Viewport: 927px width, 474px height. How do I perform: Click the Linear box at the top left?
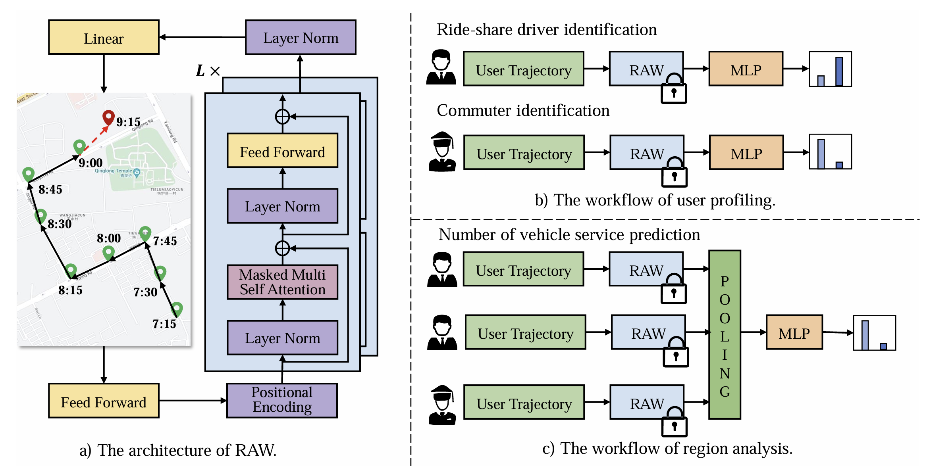(x=104, y=37)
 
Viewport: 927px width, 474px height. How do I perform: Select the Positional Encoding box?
(x=282, y=400)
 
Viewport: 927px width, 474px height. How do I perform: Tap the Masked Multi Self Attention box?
(x=282, y=282)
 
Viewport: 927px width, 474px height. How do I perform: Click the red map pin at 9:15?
(x=108, y=117)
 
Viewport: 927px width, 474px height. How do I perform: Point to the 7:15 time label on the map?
(x=164, y=324)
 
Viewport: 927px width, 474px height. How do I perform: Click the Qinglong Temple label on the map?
(x=113, y=171)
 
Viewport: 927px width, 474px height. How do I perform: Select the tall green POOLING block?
(x=725, y=334)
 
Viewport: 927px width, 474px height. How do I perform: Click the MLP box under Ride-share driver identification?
(x=746, y=69)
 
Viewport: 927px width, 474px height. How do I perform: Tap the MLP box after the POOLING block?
(x=794, y=332)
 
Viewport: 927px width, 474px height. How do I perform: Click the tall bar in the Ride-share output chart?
(x=839, y=71)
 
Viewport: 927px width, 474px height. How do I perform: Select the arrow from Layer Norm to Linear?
(x=202, y=37)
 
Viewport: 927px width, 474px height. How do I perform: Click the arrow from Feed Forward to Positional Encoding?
(x=193, y=401)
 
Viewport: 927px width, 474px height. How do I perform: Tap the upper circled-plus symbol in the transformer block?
(x=282, y=117)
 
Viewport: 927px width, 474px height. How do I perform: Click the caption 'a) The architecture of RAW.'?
(x=178, y=450)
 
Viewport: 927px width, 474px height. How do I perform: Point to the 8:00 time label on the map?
(x=109, y=238)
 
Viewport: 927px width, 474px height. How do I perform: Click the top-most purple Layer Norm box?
(x=301, y=37)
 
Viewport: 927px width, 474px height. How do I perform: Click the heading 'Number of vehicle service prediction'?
(x=569, y=235)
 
